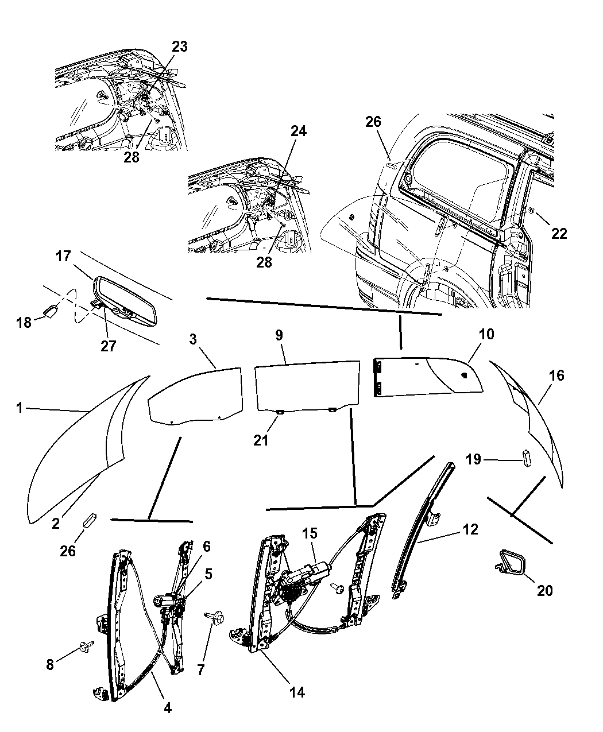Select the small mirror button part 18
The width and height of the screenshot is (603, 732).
tap(49, 310)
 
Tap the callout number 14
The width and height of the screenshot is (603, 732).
tap(296, 692)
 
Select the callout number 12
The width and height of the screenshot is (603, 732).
tap(470, 529)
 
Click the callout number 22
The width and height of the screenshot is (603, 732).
tap(559, 233)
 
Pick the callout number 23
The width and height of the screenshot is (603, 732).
tap(180, 47)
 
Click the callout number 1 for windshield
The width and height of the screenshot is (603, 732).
tap(19, 408)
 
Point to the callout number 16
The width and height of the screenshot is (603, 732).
tap(556, 375)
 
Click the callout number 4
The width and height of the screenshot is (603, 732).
tap(167, 708)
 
